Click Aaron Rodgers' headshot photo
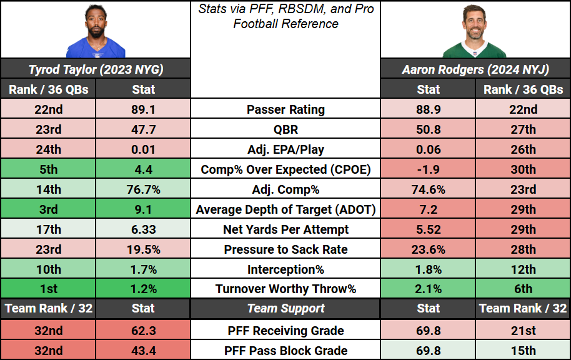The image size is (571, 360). point(475,31)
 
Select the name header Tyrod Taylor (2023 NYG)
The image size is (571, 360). point(96,69)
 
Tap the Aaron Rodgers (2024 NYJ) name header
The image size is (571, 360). point(475,69)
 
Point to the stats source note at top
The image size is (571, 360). point(285,17)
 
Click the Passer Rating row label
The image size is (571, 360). point(285,109)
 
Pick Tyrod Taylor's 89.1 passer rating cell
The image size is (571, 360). point(143,109)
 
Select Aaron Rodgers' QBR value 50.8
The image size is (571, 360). point(428,129)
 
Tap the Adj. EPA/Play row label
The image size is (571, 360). point(285,149)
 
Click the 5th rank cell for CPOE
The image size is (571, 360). point(49,169)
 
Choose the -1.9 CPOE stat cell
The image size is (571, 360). point(428,169)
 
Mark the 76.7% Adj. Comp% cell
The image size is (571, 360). point(143,189)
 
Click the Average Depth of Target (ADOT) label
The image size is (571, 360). point(285,209)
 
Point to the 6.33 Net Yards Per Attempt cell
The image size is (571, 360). point(143,229)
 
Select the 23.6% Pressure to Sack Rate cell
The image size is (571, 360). point(428,249)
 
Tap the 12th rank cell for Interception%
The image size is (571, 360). point(523,269)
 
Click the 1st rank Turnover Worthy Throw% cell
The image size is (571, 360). point(49,289)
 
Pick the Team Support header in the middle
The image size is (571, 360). point(285,309)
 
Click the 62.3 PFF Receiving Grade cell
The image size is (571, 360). point(143,331)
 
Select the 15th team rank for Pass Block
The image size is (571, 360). point(523,351)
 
